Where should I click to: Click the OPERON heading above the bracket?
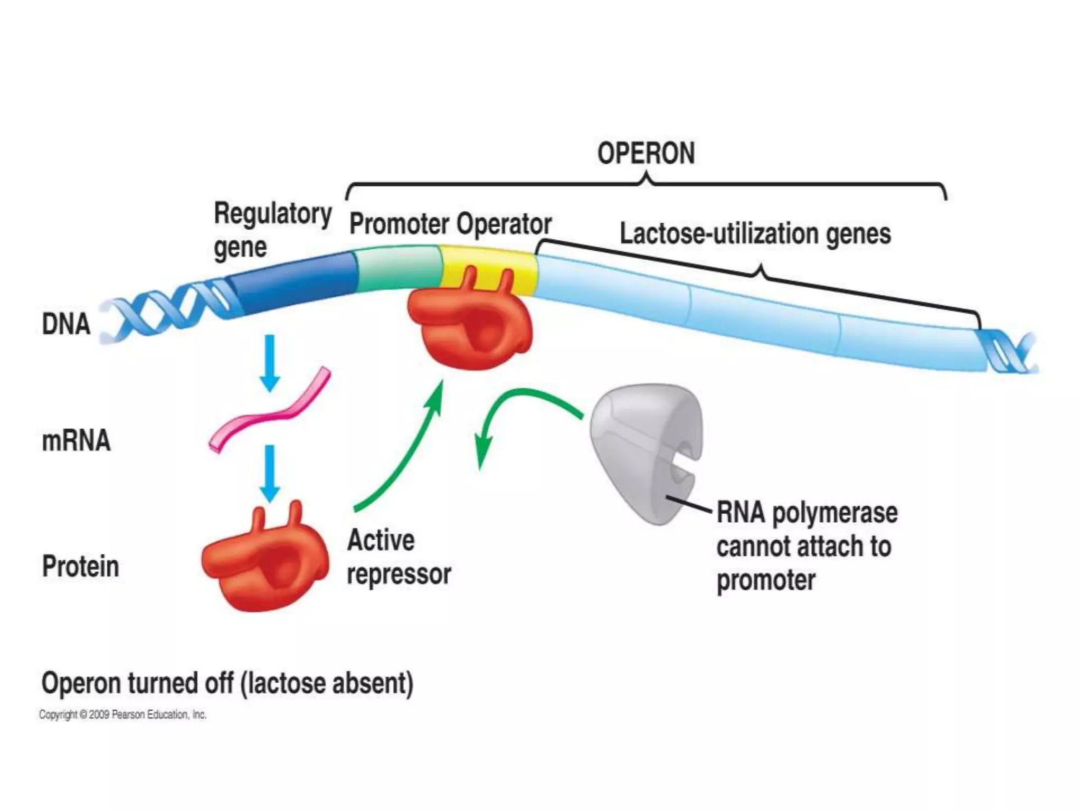tap(646, 154)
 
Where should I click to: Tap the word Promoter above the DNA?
tap(399, 224)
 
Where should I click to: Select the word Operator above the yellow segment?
tap(504, 224)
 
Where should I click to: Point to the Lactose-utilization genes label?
tap(755, 234)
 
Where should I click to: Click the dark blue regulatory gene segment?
tap(296, 282)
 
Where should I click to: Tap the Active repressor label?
tap(399, 557)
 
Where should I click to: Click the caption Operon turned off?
tap(227, 683)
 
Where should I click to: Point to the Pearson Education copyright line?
tap(122, 715)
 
